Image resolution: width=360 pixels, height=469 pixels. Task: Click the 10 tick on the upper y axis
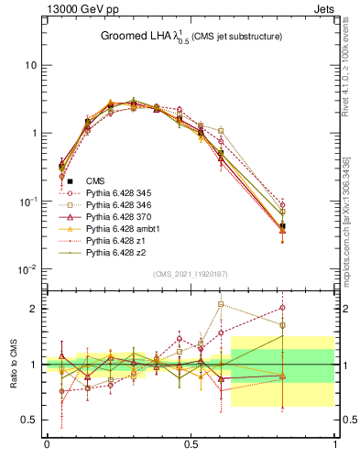pyautogui.click(x=31, y=65)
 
